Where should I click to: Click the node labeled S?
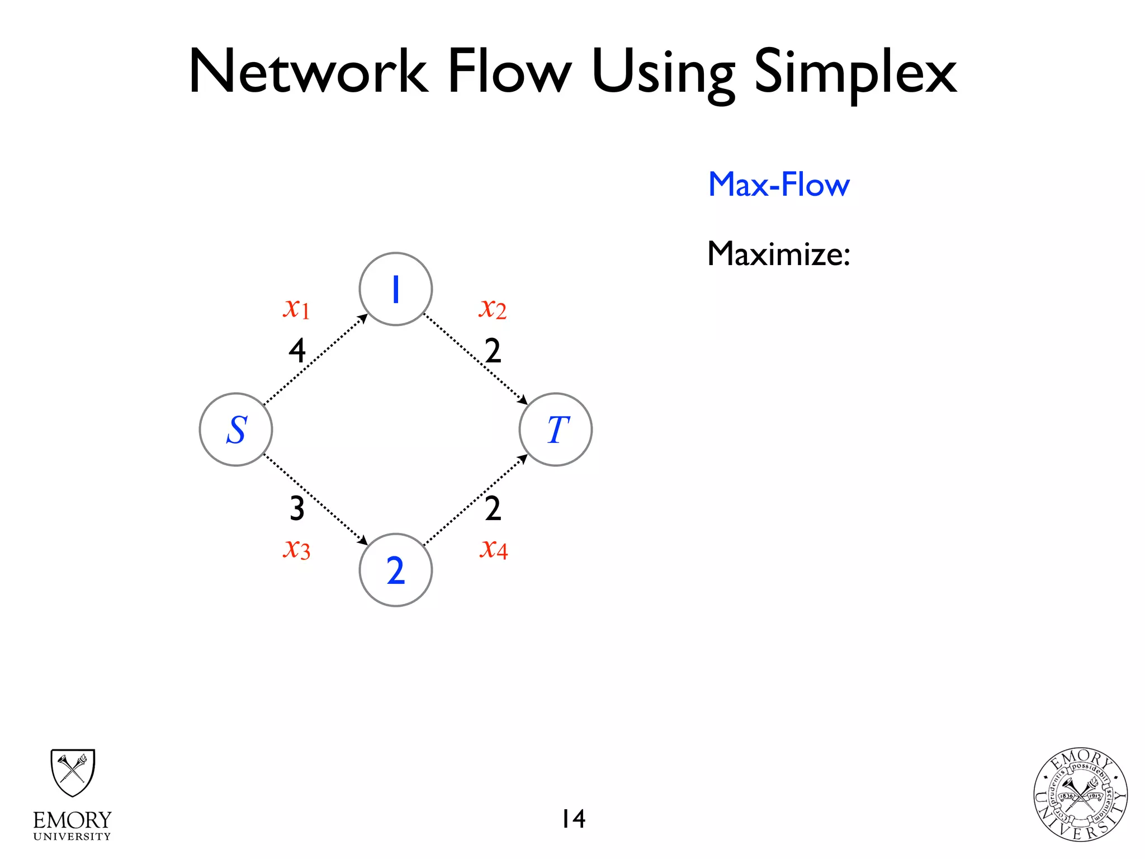point(236,429)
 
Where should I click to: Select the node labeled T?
point(556,429)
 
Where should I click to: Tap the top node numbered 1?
point(396,289)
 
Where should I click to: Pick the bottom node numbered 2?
point(396,570)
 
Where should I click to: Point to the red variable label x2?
point(493,308)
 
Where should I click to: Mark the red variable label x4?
point(494,549)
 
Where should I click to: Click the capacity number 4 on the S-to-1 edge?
point(297,351)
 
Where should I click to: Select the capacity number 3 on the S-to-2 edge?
point(297,508)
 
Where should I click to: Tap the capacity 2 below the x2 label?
point(493,351)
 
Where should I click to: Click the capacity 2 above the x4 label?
point(493,508)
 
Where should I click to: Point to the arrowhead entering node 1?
point(363,318)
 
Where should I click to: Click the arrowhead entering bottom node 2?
point(363,541)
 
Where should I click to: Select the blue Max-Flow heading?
point(779,185)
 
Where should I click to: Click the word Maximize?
point(779,254)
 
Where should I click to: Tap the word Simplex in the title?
point(855,73)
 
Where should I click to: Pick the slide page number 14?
point(574,819)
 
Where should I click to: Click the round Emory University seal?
point(1080,795)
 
